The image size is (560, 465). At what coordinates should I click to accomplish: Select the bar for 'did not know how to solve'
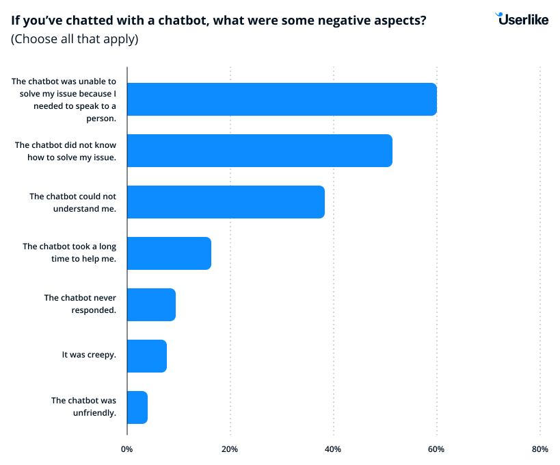(x=260, y=151)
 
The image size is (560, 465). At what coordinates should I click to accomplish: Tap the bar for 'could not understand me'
(x=226, y=202)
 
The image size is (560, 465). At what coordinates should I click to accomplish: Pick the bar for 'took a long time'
(x=169, y=253)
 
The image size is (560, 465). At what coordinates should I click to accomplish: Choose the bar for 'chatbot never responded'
(x=151, y=305)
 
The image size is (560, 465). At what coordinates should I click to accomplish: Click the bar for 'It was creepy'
(x=147, y=356)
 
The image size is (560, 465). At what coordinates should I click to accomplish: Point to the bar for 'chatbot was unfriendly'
(x=137, y=407)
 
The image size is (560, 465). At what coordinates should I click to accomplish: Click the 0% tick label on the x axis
(x=126, y=449)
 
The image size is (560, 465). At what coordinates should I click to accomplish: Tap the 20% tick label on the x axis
(x=230, y=449)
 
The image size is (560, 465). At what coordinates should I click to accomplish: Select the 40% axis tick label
(x=333, y=449)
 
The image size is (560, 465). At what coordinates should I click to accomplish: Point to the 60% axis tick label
(x=436, y=449)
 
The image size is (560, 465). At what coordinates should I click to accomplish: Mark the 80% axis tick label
(x=539, y=449)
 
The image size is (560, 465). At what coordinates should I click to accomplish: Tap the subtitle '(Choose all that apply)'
(x=75, y=39)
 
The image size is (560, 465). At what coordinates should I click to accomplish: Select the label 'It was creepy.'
(x=89, y=355)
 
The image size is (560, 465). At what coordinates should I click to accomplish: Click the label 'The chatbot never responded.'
(x=80, y=303)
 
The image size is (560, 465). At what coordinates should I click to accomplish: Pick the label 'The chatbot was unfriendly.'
(x=83, y=406)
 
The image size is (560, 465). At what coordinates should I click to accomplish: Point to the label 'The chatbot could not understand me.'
(x=72, y=201)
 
